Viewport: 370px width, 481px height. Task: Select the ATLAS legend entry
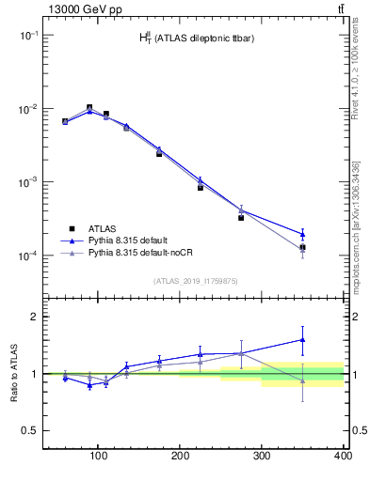point(105,228)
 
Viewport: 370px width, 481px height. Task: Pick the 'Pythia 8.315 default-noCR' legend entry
point(144,253)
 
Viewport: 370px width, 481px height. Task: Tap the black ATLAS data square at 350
point(302,247)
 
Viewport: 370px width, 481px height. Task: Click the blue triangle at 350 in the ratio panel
point(302,339)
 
